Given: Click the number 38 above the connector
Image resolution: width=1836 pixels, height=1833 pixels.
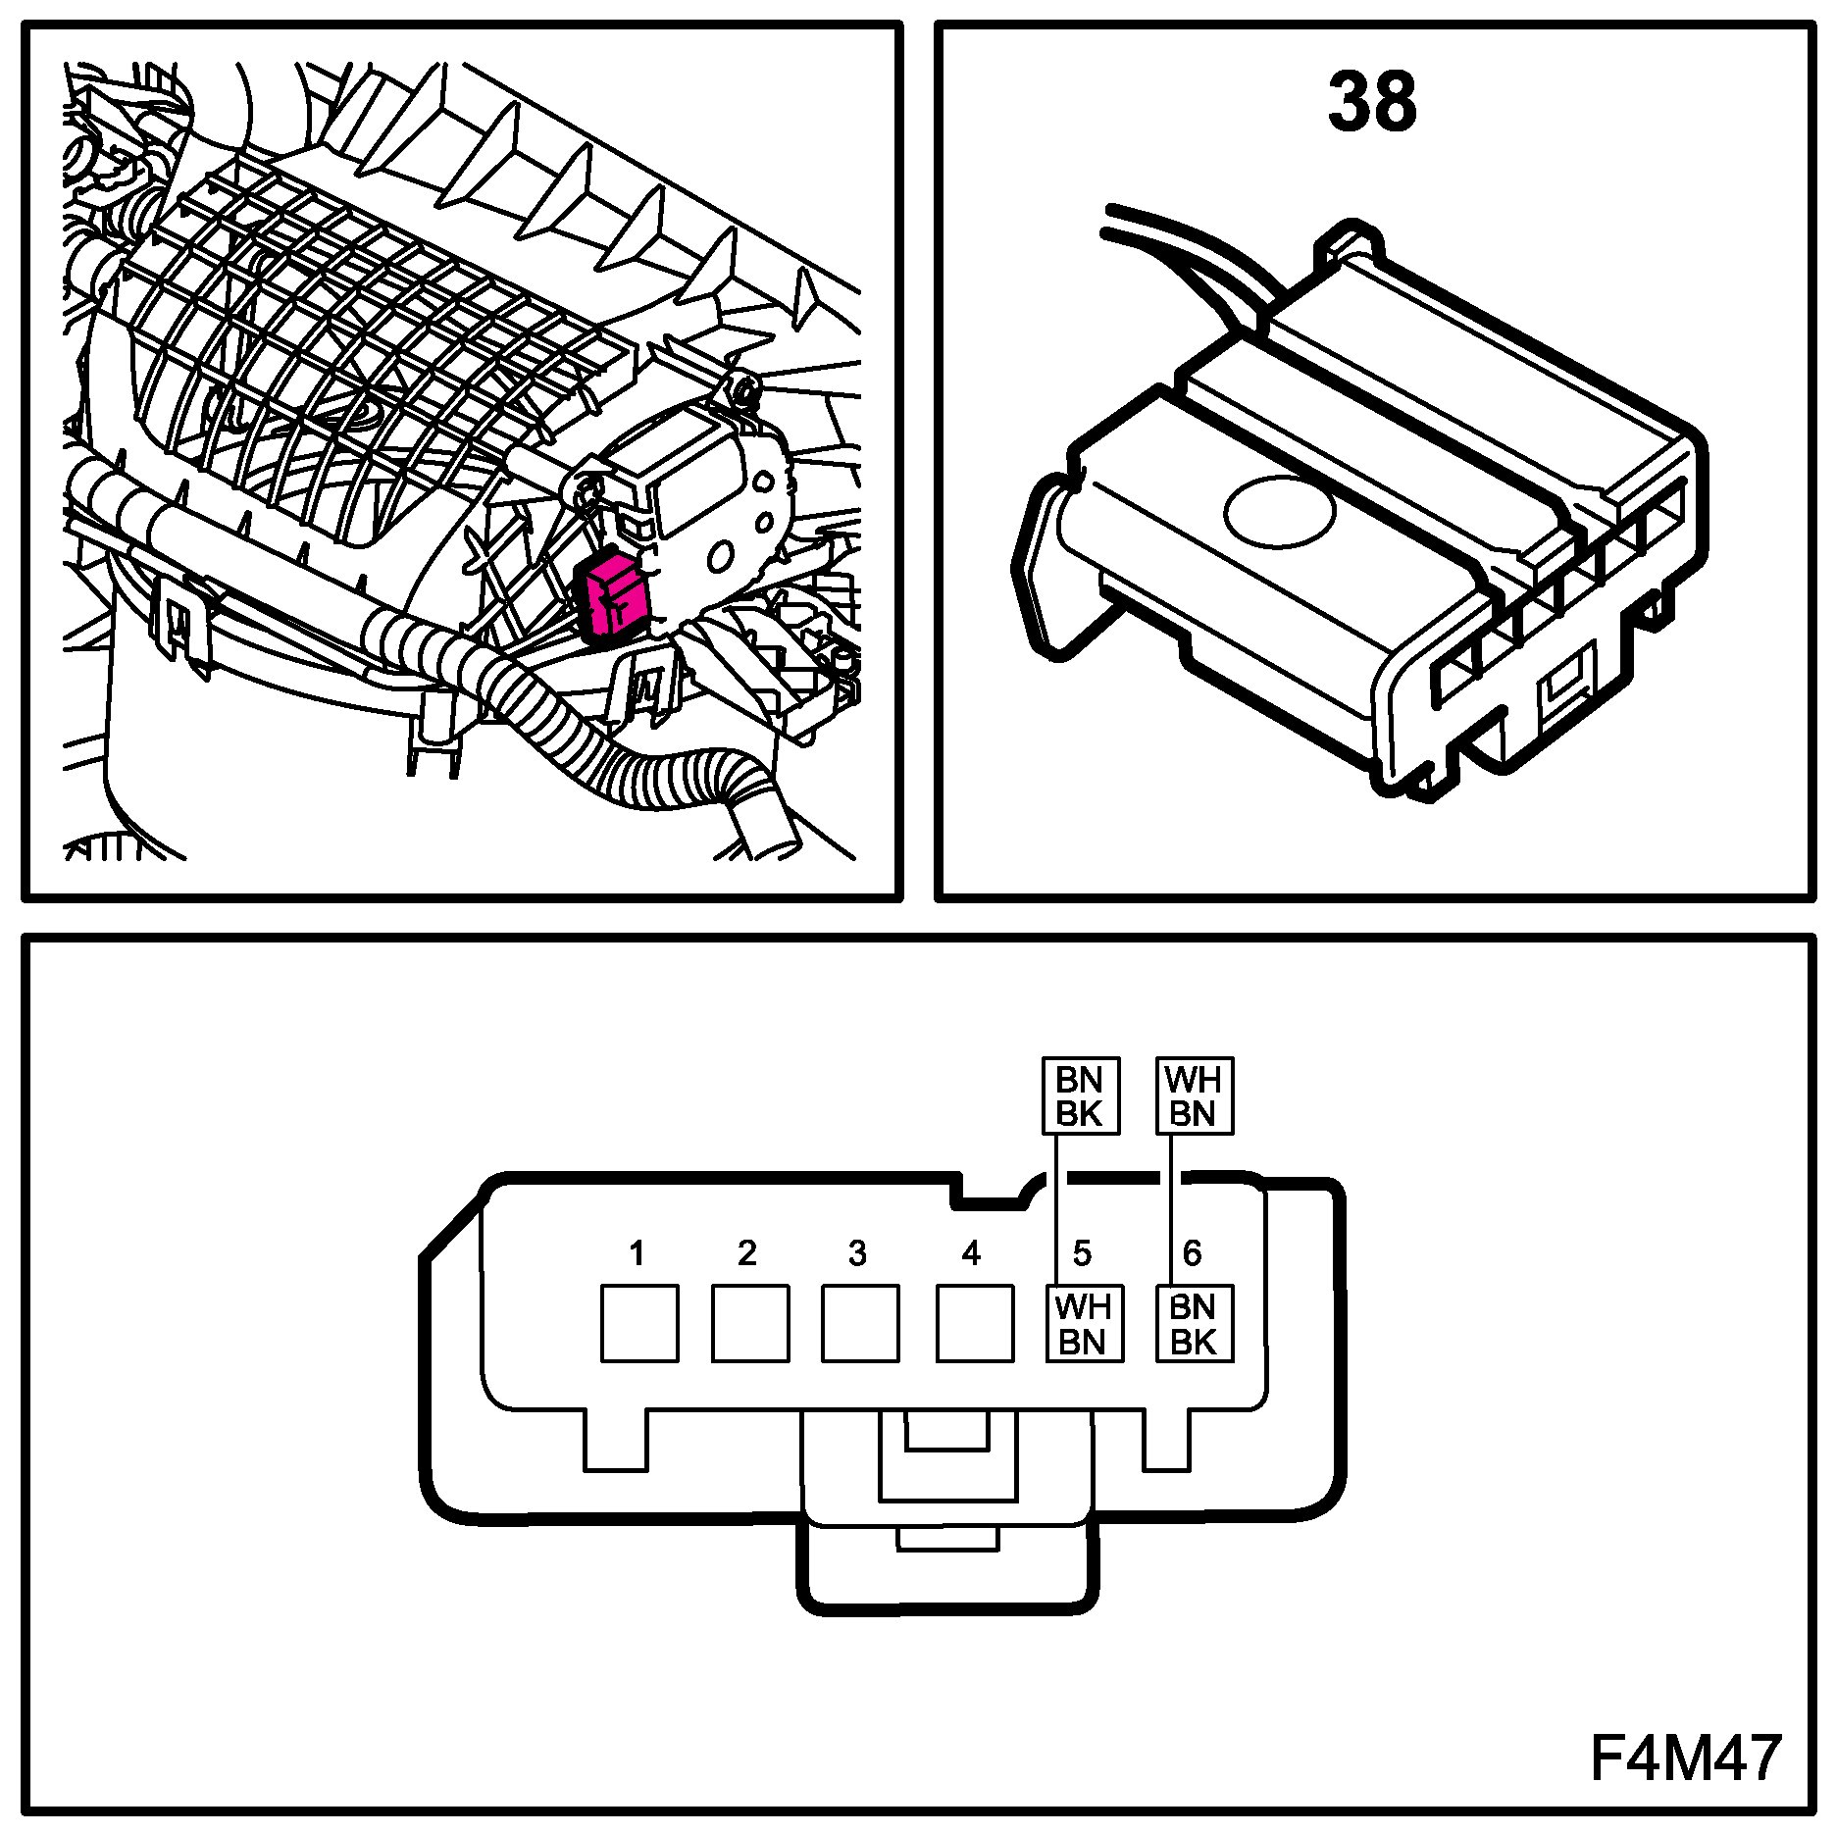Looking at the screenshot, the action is [x=1372, y=102].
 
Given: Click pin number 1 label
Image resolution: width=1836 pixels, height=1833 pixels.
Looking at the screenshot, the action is [x=637, y=1252].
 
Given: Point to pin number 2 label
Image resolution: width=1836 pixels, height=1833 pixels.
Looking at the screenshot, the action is [x=747, y=1252].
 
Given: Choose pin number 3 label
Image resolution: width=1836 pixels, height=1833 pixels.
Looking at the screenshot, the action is [x=858, y=1252].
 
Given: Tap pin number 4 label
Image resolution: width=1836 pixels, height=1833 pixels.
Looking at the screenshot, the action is [x=971, y=1252].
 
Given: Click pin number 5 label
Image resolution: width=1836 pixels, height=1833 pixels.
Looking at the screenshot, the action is [x=1082, y=1252].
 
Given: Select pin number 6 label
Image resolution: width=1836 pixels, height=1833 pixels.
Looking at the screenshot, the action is [x=1193, y=1252].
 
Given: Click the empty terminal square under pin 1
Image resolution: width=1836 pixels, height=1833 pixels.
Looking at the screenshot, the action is [x=639, y=1324].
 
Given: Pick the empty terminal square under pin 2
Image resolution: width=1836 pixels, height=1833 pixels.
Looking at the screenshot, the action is [x=750, y=1324].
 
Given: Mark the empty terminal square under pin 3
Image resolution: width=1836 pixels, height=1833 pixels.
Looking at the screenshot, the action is [x=860, y=1324].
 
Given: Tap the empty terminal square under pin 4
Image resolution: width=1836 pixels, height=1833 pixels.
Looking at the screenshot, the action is [x=975, y=1324].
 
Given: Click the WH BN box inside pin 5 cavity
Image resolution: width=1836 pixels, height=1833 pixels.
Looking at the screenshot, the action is [x=1084, y=1324].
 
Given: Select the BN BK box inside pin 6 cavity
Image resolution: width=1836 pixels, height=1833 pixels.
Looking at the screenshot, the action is [x=1194, y=1324].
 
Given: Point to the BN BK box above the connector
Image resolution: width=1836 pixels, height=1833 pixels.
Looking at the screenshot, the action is [x=1080, y=1096].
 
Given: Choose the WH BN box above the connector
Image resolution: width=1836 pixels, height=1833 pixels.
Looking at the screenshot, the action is [x=1194, y=1096].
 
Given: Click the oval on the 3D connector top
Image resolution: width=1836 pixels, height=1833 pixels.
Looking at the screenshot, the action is [x=1280, y=512].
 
